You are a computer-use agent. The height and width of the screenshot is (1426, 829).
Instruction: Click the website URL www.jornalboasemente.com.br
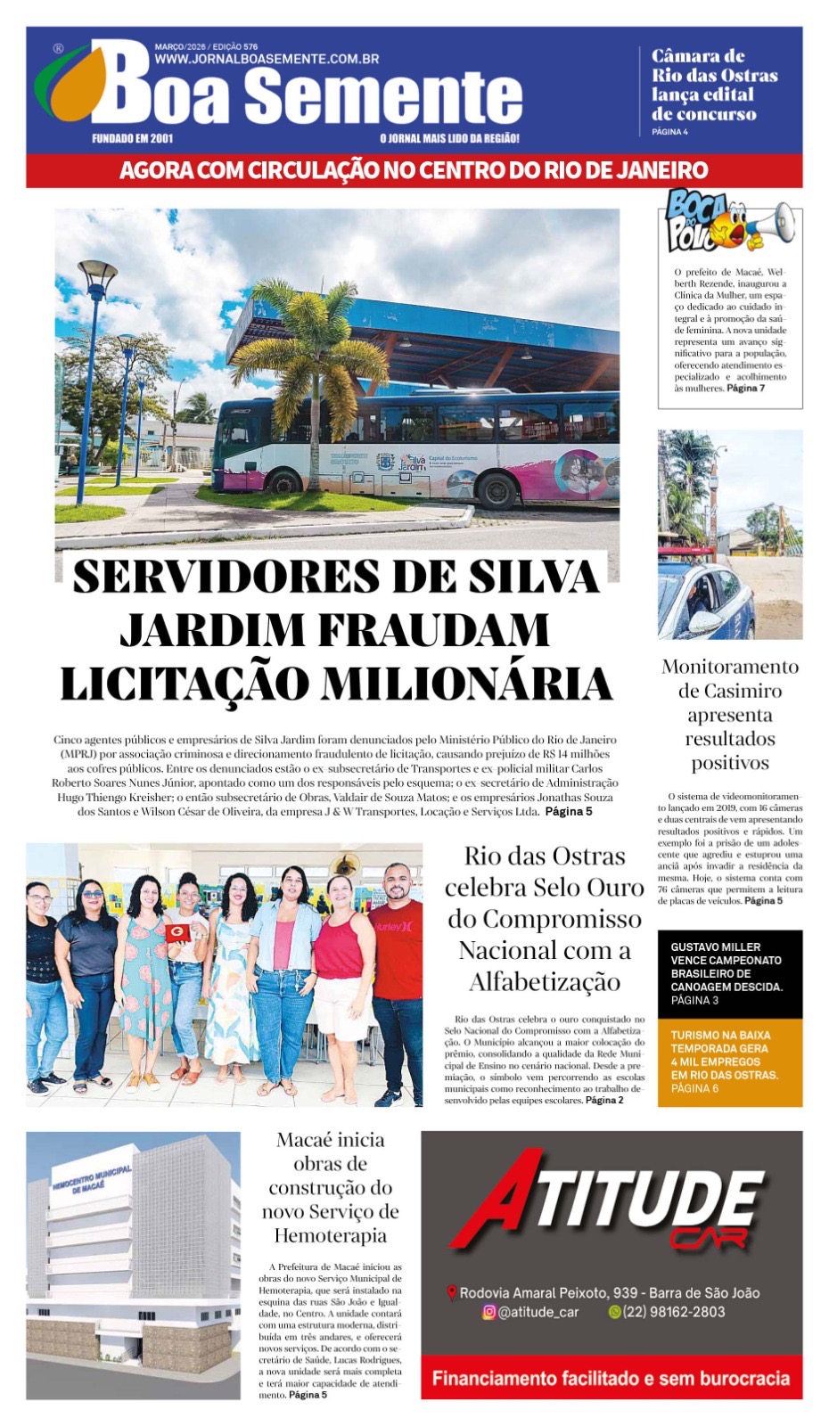pyautogui.click(x=267, y=59)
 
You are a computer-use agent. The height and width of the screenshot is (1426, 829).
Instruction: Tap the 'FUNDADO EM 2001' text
pyautogui.click(x=132, y=138)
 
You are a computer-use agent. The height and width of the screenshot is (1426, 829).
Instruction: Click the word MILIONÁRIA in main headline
pyautogui.click(x=467, y=684)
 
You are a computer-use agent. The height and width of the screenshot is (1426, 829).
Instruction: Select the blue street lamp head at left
pyautogui.click(x=97, y=270)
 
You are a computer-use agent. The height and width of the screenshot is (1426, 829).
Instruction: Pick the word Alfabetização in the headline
pyautogui.click(x=544, y=981)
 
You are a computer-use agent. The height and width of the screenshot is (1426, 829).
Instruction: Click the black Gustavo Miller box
pyautogui.click(x=729, y=973)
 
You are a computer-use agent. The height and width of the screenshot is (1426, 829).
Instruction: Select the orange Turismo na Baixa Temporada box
pyautogui.click(x=729, y=1061)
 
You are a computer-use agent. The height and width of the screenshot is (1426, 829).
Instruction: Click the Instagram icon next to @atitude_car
pyautogui.click(x=488, y=1312)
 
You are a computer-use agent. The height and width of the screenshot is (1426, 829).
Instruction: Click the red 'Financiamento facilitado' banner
pyautogui.click(x=611, y=1378)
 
